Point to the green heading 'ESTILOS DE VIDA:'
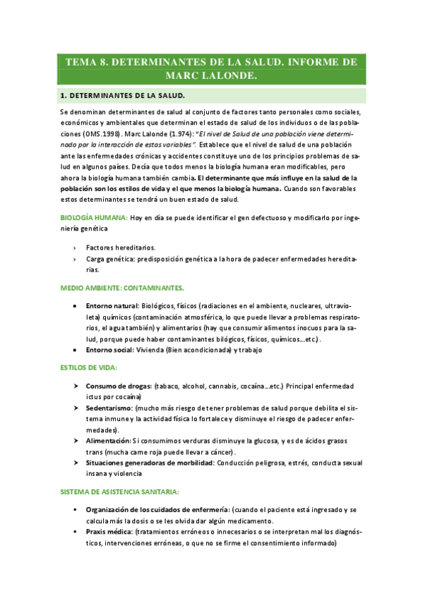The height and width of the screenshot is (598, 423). (88, 368)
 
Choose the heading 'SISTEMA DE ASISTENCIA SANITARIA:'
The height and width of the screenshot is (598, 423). (119, 471)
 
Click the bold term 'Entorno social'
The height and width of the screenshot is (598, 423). (109, 350)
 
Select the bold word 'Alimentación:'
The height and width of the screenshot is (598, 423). (109, 440)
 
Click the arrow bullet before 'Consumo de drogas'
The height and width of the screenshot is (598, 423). (75, 386)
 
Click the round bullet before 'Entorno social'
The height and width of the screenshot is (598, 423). (75, 350)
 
